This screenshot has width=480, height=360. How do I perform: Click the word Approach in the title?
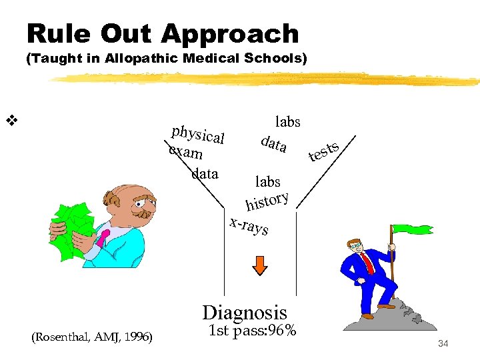click(x=237, y=34)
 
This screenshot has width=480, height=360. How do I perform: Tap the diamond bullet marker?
click(x=11, y=121)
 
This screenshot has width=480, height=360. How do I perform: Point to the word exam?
click(x=186, y=153)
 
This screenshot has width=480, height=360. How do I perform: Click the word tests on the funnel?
click(x=325, y=151)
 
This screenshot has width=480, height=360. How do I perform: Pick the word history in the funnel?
click(x=267, y=199)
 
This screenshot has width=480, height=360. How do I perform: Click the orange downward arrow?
click(x=259, y=265)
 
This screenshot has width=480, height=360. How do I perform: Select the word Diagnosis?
click(x=245, y=312)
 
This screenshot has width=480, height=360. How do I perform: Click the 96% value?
click(x=281, y=329)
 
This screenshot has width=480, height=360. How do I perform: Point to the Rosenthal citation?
click(x=92, y=338)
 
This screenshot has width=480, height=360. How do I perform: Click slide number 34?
click(x=444, y=343)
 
